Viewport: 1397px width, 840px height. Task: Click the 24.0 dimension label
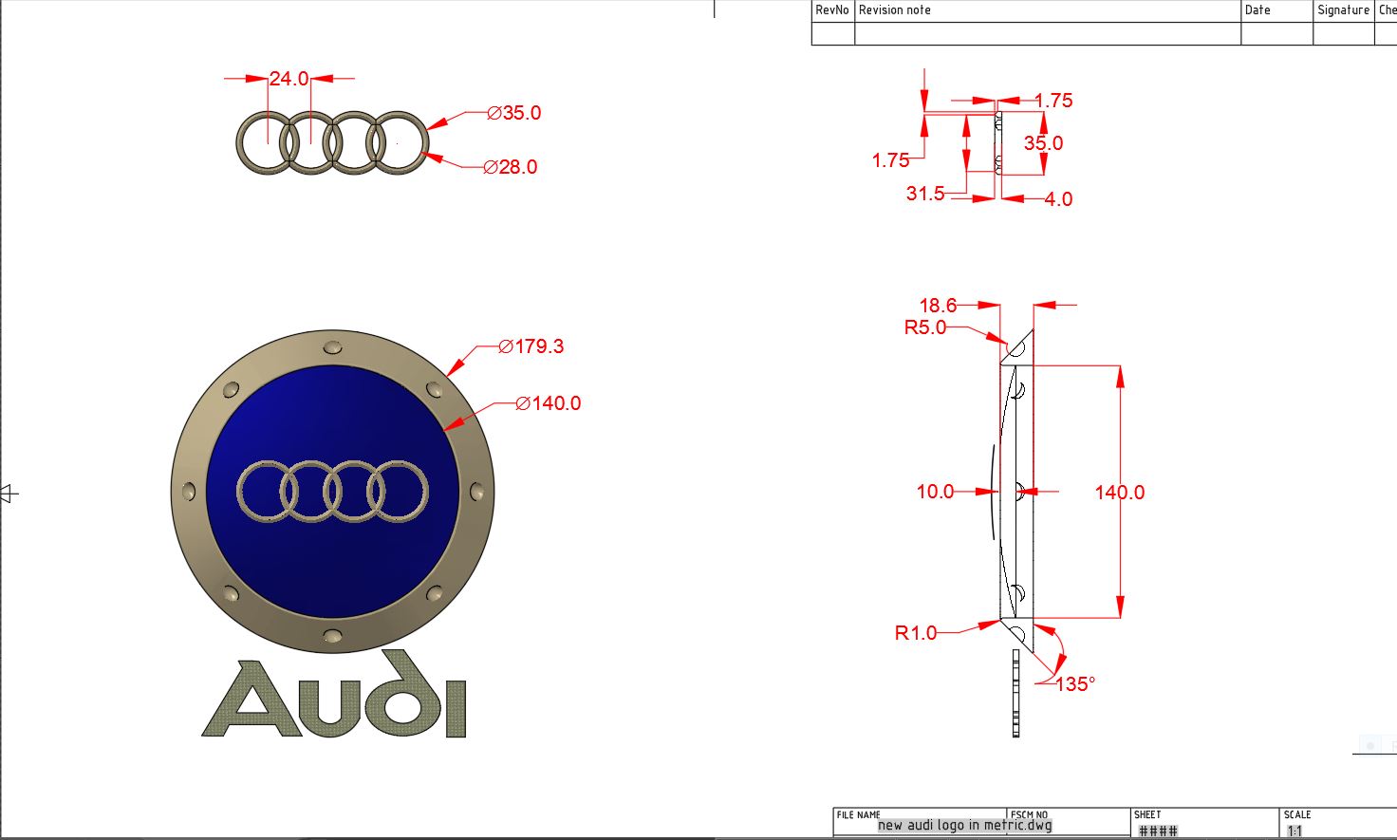[x=289, y=79]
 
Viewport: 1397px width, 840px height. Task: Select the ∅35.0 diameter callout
[x=513, y=113]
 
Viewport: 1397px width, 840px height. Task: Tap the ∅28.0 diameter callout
[x=511, y=167]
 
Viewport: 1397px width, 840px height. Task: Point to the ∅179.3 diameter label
[x=531, y=346]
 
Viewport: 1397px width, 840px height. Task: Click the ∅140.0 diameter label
[x=549, y=403]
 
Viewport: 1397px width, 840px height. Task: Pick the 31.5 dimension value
[x=925, y=194]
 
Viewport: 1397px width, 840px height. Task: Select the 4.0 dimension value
[x=1058, y=199]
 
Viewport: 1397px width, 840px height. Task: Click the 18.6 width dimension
[x=938, y=306]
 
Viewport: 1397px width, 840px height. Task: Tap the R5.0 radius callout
[x=925, y=327]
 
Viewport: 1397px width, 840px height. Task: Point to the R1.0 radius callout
[x=916, y=633]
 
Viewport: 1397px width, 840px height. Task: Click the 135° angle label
[x=1075, y=684]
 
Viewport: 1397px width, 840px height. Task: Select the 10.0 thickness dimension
[x=935, y=492]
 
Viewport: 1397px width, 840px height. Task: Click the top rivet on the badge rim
[x=333, y=346]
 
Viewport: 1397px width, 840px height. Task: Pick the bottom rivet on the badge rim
[x=333, y=635]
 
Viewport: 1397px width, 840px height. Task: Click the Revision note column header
[x=895, y=10]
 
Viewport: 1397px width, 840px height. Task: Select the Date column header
[x=1257, y=10]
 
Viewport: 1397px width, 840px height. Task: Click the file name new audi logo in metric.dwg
[x=965, y=825]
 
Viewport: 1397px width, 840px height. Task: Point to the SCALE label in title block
[x=1297, y=814]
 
